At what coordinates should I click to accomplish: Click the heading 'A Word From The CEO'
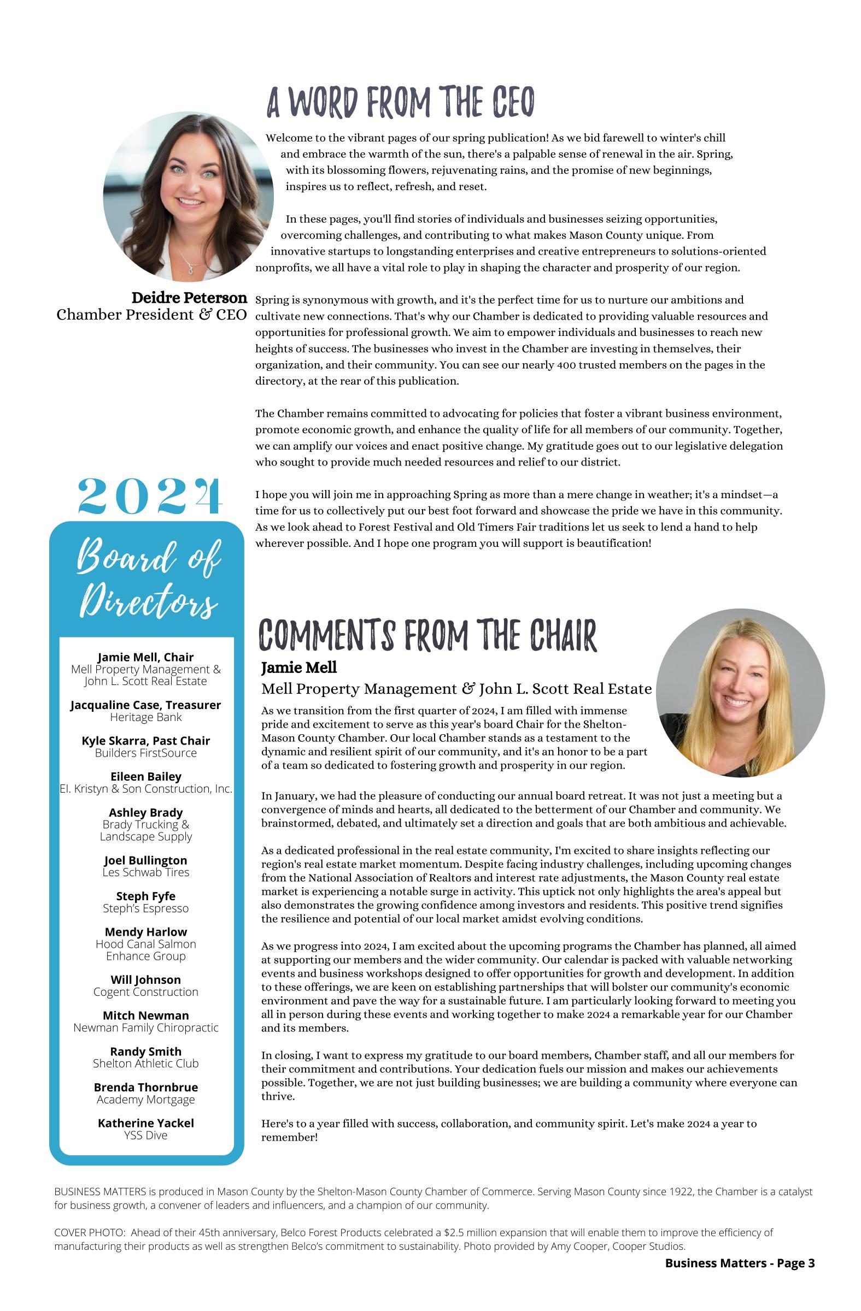pos(401,103)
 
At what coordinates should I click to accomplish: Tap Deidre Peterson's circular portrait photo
pos(188,197)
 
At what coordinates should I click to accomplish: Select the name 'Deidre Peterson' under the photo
pos(189,298)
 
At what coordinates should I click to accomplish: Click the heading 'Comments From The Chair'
pos(427,635)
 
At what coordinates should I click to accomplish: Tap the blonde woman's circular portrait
pos(740,693)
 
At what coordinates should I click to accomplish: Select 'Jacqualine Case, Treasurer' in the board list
pos(145,705)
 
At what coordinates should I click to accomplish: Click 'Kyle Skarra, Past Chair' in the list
pos(145,741)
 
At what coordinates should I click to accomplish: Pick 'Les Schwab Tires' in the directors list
pos(145,872)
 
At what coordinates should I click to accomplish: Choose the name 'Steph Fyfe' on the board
pos(145,896)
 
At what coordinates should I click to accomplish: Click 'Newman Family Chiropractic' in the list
pos(145,1028)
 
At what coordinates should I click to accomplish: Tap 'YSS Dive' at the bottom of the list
pos(145,1135)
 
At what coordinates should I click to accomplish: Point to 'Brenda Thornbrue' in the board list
pos(145,1088)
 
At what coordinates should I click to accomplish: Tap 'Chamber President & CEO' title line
pos(151,315)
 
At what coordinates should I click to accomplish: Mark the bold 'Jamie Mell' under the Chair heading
pos(299,668)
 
